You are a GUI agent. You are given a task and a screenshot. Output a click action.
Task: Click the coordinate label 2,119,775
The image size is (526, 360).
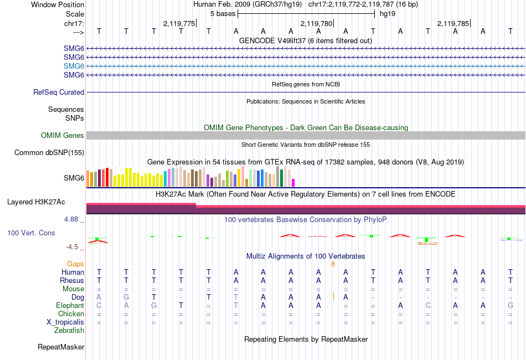pos(179,23)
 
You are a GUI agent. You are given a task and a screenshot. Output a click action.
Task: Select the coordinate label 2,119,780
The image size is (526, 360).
pos(316,23)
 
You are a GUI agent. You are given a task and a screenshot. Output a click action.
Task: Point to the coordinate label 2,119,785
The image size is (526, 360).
pos(453,23)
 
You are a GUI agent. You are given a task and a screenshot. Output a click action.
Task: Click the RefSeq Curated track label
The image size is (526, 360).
pos(59,92)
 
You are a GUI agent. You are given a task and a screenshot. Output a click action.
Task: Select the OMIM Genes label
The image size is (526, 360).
pos(63,136)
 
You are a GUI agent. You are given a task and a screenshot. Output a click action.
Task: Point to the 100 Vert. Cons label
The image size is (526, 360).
pos(31,233)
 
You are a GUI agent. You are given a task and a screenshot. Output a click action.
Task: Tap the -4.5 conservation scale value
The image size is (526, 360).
pos(73,247)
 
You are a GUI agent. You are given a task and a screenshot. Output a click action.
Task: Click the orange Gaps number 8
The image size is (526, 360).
pos(333,264)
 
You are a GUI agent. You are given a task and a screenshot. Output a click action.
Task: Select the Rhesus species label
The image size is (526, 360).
pos(71,280)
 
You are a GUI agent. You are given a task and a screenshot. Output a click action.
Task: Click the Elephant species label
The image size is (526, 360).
pos(70,305)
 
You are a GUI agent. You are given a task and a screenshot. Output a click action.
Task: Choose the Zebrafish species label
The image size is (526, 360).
pos(69,331)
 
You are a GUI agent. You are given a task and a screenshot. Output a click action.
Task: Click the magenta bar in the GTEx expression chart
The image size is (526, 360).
pos(293,182)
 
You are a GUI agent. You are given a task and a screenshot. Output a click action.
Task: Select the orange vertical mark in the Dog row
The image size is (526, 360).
pos(333,297)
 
